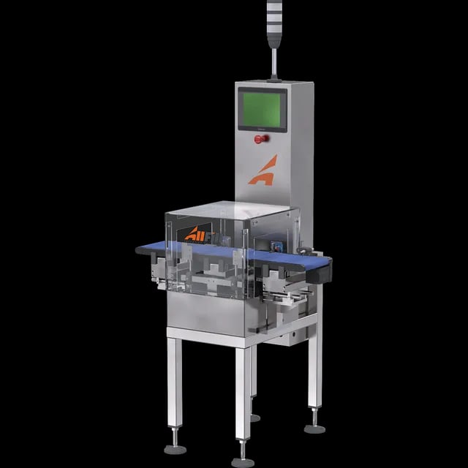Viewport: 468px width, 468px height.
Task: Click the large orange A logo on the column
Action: pos(263,170)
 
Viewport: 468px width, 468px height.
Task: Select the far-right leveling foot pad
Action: pos(315,428)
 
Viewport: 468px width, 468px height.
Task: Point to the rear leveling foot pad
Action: pos(254,418)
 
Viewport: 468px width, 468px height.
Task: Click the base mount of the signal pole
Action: pos(275,78)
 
